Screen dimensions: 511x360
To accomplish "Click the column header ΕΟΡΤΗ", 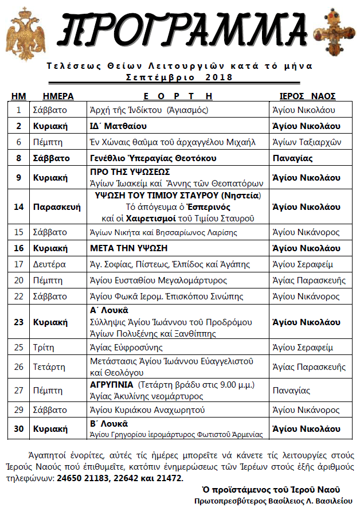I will point(178,96).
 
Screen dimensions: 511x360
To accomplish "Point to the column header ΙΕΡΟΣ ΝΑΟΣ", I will point(307,96).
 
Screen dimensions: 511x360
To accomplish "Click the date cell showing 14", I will point(19,207).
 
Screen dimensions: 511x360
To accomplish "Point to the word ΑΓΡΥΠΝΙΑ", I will point(112,384).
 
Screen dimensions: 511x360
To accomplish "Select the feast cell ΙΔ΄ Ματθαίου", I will point(119,126).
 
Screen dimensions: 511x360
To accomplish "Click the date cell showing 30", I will point(19,428).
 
